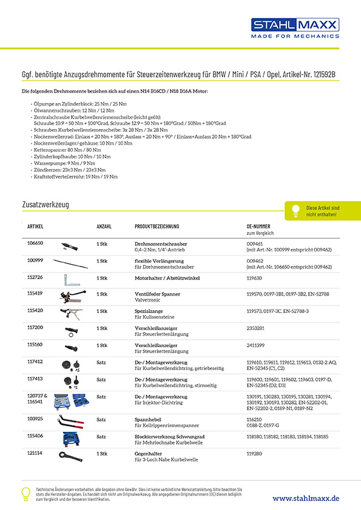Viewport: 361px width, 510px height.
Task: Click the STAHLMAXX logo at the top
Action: tap(295, 28)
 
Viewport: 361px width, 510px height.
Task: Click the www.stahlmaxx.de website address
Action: tap(305, 497)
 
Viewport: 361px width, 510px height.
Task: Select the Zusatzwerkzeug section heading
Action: tap(45, 205)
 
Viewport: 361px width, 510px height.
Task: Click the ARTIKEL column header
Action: tap(35, 227)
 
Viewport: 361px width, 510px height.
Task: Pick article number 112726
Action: tap(35, 278)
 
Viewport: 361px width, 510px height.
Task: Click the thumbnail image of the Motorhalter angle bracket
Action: tap(72, 279)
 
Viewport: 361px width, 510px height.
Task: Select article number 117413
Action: tap(35, 378)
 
